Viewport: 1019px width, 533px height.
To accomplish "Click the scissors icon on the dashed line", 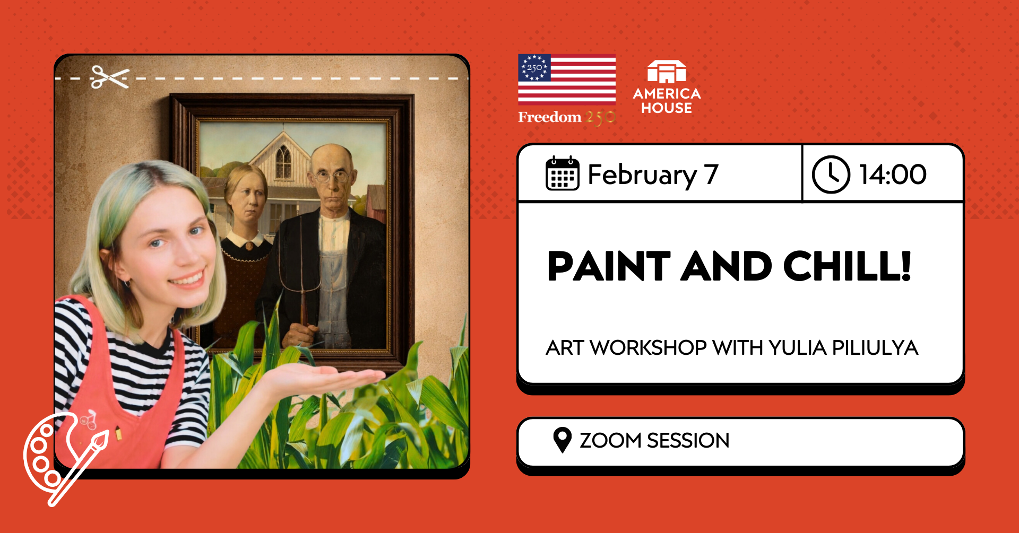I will point(110,77).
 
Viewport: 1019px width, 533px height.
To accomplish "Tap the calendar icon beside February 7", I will point(562,174).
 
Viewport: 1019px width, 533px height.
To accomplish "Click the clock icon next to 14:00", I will point(831,174).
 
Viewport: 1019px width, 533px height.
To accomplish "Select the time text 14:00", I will point(893,174).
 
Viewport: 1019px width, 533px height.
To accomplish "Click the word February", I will point(642,175).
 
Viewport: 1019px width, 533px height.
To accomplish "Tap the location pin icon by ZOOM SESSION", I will point(562,440).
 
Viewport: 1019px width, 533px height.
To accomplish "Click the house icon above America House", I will point(667,72).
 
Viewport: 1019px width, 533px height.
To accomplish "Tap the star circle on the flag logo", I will point(534,68).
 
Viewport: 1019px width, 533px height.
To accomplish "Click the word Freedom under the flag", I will point(549,117).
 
